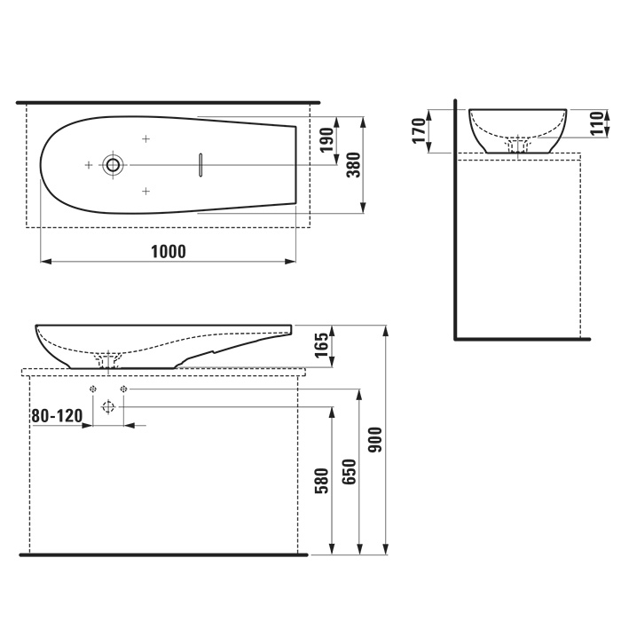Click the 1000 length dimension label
tap(169, 251)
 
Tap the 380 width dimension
tap(352, 165)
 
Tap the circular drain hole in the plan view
tap(113, 164)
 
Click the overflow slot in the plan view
tap(201, 164)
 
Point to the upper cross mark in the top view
tap(146, 138)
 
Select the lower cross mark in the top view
tap(146, 191)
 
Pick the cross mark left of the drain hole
tap(88, 165)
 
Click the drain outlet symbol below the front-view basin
tap(108, 407)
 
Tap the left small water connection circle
tap(92, 389)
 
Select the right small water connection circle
tap(123, 389)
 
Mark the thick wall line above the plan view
tap(169, 103)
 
